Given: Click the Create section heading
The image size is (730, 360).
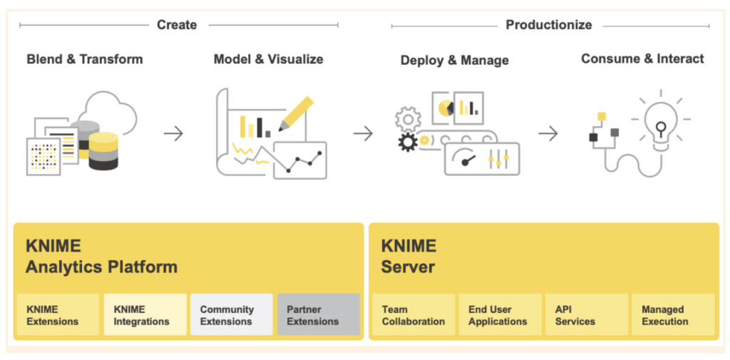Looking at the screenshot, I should [177, 25].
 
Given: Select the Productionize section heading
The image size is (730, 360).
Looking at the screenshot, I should [548, 25].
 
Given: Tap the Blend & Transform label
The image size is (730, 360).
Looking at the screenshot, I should [85, 59].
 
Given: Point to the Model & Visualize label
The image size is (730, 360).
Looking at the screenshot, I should [268, 59].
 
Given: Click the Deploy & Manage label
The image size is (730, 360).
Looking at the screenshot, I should [455, 61].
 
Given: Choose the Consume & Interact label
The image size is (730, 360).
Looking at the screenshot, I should [642, 59].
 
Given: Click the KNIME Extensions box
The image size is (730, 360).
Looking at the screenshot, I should [58, 315].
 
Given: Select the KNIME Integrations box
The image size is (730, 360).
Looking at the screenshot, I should [145, 315].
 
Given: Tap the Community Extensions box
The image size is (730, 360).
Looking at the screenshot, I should [232, 315].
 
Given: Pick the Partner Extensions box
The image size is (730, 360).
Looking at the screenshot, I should [319, 315].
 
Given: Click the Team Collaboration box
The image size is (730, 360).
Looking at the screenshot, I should [413, 315].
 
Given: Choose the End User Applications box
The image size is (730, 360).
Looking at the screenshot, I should [500, 315].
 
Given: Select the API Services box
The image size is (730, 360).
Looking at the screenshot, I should [587, 315].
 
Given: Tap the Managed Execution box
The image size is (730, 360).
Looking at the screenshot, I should [673, 315].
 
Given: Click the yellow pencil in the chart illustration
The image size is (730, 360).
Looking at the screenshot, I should [296, 113].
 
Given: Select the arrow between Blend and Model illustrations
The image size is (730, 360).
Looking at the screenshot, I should [173, 133].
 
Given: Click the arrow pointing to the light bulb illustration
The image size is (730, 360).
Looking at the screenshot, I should [548, 133].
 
